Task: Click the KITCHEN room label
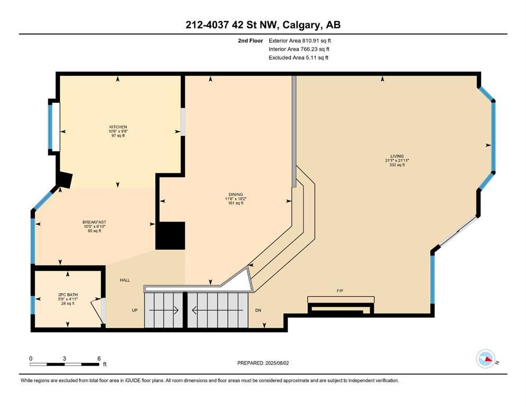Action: pos(118,127)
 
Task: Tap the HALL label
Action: pos(125,280)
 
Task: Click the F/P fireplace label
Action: pos(341,291)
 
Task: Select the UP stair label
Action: pos(135,310)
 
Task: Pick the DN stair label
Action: pos(258,310)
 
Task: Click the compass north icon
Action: pos(485,359)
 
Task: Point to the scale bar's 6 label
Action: pos(99,358)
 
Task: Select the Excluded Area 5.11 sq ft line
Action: pos(298,57)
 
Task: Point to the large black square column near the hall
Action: pos(170,236)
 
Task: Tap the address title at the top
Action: pos(263,25)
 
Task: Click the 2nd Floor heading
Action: pos(249,40)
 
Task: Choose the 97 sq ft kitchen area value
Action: pos(118,136)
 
